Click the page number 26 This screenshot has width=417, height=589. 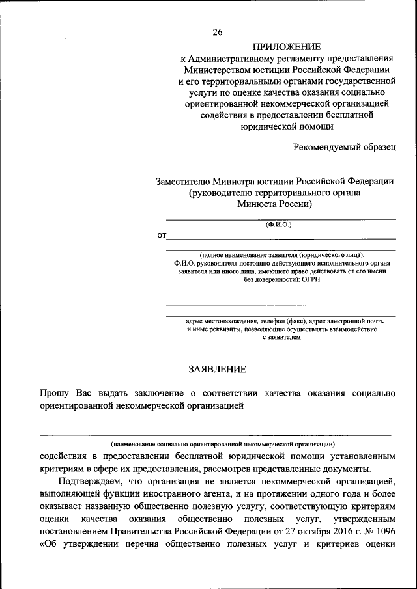pos(218,31)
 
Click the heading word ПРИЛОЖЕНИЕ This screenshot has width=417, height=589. pos(287,47)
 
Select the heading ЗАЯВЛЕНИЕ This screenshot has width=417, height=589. pos(217,369)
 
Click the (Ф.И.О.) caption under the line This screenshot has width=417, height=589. pos(279,225)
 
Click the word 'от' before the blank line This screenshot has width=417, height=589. pos(161,235)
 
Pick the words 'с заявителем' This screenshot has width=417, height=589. pos(281,338)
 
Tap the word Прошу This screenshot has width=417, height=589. pos(52,393)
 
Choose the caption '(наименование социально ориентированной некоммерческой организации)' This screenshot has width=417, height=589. pos(223,443)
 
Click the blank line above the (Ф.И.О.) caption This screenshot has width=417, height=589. pos(281,220)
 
